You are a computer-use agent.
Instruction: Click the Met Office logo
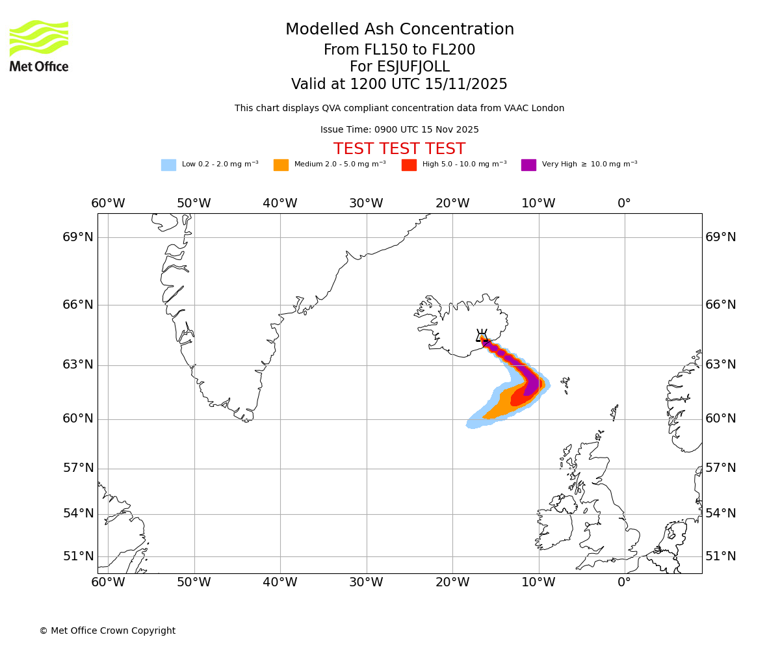pos(39,45)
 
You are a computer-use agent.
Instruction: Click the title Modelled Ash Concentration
pos(399,30)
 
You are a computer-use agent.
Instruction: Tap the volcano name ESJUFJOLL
pos(399,67)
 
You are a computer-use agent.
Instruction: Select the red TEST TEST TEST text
pos(399,149)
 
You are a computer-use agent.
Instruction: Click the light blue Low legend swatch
pos(168,165)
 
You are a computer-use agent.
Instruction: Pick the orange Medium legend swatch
pos(281,165)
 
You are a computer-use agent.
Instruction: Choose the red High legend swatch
pos(409,165)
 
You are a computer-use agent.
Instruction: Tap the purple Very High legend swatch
pos(528,165)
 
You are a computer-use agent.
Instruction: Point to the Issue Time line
pos(399,130)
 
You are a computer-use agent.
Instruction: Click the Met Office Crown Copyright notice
pos(107,630)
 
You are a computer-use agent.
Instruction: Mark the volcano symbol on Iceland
pos(482,335)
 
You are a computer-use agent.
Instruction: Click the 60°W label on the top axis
pos(108,203)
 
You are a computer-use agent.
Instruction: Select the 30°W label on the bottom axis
pos(366,582)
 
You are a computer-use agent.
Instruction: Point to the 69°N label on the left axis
pos(78,237)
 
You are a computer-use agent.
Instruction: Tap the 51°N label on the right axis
pos(721,556)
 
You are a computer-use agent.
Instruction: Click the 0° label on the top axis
pos(624,203)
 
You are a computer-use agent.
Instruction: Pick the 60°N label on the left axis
pos(78,419)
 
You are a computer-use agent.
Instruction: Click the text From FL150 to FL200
pos(399,50)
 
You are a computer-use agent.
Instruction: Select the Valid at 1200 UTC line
pos(399,84)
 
